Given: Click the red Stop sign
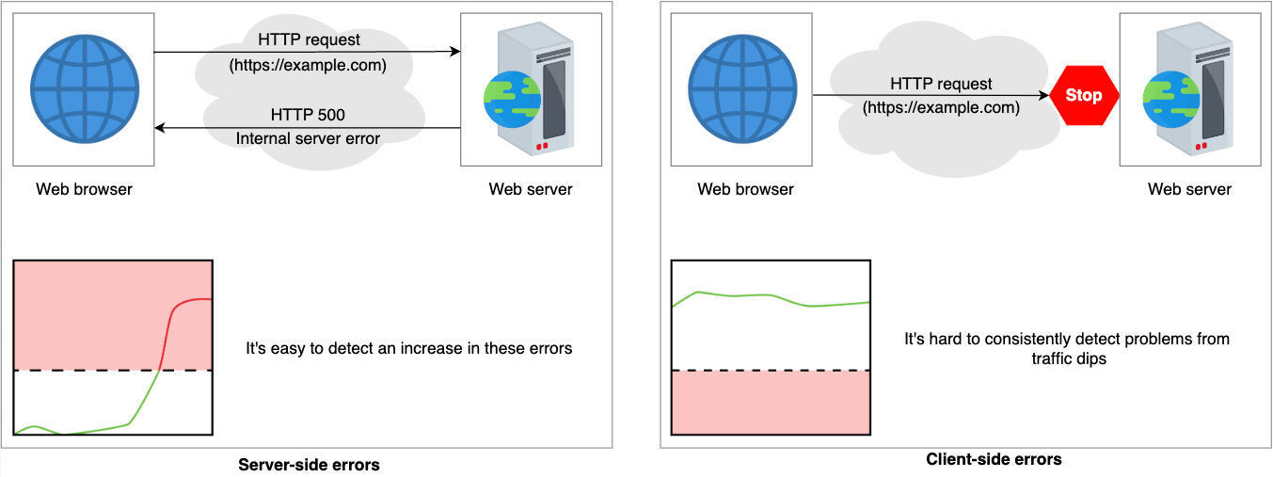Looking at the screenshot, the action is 1084,95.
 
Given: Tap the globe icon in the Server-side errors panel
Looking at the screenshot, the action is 85,88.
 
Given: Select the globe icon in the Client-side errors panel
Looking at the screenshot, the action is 742,88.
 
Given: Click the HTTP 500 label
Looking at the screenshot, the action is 308,115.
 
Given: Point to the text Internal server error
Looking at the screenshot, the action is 308,138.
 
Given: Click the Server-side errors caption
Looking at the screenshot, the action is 309,465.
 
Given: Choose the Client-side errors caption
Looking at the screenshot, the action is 994,459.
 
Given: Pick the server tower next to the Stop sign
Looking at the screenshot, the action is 1188,88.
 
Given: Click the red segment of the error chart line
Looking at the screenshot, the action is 168,323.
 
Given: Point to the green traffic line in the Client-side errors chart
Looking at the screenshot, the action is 771,298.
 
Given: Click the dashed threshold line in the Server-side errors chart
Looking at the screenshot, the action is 113,370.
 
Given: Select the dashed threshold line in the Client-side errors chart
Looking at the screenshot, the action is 771,370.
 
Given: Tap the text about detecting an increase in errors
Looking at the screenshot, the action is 408,348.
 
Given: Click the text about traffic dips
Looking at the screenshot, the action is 1067,348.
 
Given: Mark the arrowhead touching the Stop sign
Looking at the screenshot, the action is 1044,95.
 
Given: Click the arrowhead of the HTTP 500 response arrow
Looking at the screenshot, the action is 160,128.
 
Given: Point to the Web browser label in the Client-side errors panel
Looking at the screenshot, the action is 745,189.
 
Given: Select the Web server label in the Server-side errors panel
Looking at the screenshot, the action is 531,189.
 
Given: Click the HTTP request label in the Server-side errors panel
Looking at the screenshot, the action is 309,40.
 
